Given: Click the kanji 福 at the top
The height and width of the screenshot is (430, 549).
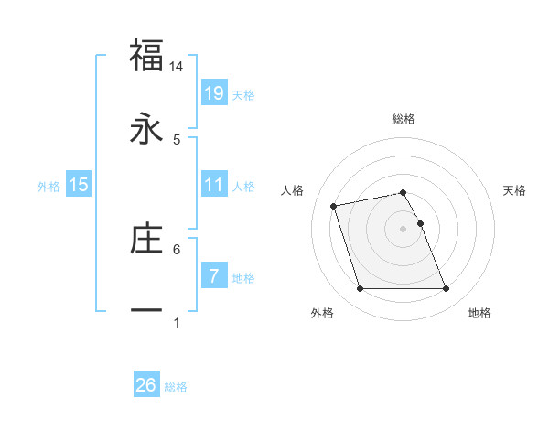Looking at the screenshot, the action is tap(146, 56).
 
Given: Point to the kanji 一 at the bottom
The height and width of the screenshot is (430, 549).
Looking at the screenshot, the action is tap(146, 311).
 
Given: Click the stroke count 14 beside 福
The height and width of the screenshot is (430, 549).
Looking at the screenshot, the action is tap(177, 67).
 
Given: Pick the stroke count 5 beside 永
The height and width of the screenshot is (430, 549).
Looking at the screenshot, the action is tap(177, 139).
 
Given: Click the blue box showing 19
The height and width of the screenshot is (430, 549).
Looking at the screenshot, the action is tap(214, 93).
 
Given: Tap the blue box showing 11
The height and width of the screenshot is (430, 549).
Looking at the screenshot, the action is tap(214, 185).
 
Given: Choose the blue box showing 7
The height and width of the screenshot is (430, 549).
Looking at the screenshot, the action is tap(214, 275).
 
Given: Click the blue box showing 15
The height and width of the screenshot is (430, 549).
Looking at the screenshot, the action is tap(79, 185).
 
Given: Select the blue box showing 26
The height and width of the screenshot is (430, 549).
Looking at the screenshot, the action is tap(146, 385).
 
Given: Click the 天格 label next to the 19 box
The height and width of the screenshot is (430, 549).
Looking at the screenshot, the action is tap(243, 94).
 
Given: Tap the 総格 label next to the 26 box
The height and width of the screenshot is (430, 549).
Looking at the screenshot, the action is tap(176, 387).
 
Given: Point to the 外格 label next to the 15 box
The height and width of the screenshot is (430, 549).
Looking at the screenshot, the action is tap(48, 186).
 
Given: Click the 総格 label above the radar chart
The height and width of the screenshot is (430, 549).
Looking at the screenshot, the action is tap(404, 119).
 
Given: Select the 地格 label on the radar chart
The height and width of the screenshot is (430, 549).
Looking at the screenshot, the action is tap(479, 313).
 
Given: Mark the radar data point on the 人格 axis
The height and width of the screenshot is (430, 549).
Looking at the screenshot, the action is tap(334, 205).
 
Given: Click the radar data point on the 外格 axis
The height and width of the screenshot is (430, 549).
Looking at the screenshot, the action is tap(360, 289).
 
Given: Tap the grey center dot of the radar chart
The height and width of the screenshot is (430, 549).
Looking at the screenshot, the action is tap(404, 229).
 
